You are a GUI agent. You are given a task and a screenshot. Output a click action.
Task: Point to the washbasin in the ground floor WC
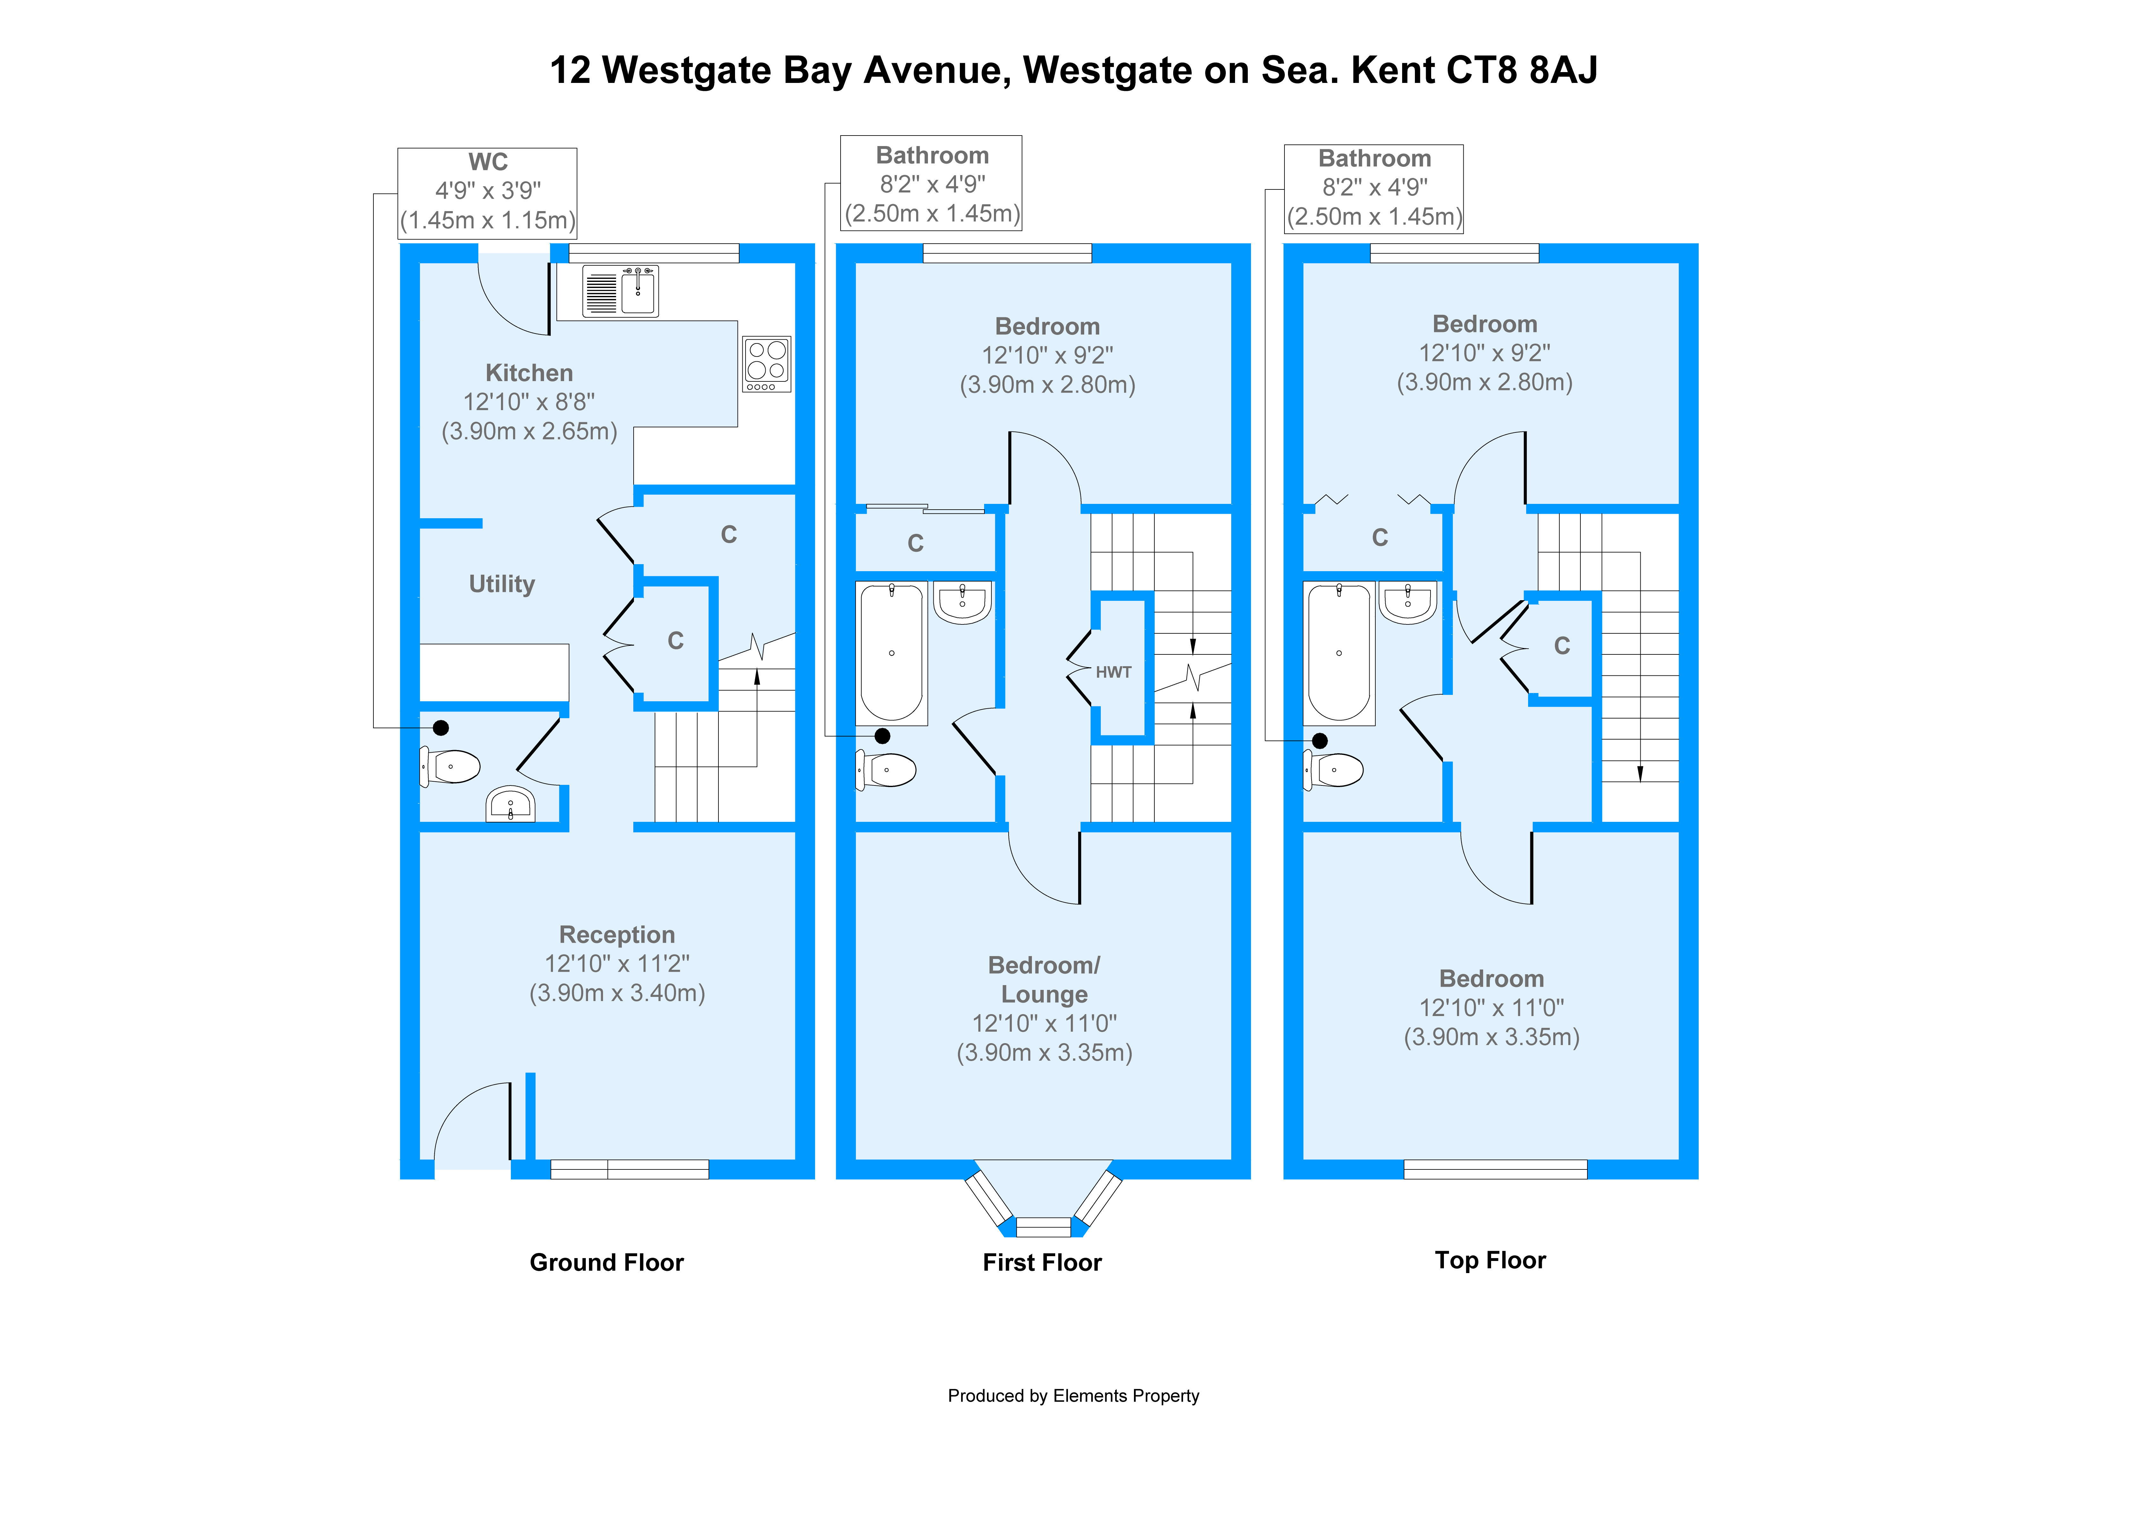click(x=510, y=803)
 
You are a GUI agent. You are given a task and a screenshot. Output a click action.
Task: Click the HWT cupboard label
click(x=1113, y=672)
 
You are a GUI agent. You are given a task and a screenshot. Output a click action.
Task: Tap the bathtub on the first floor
click(x=892, y=652)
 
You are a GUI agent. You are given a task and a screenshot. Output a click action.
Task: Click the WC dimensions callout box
click(x=488, y=193)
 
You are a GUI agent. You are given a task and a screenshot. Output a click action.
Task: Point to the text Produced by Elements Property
click(x=1073, y=1396)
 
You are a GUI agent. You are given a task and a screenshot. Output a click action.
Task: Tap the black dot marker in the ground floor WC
click(x=441, y=728)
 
